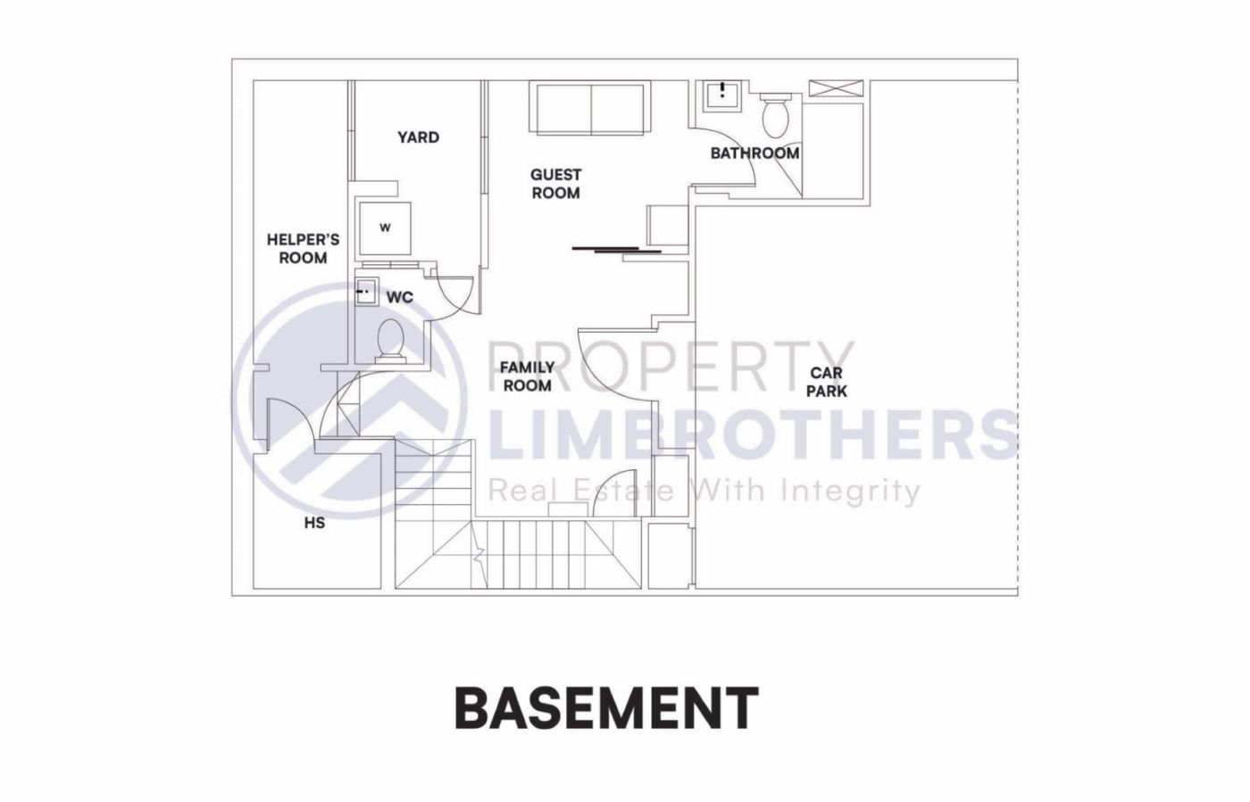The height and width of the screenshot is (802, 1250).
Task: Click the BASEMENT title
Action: point(606,708)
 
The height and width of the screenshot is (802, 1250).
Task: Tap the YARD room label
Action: point(418,137)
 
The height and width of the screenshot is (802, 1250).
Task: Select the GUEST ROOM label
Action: point(555,184)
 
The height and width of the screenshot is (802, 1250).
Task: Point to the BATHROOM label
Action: point(754,153)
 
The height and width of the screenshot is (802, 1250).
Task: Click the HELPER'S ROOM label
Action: point(303,249)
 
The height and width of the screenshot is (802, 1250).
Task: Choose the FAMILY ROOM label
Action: point(527,376)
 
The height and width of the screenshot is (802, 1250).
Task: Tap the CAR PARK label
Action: point(826,382)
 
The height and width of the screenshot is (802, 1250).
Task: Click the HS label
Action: point(314,523)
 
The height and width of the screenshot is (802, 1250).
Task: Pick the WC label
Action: point(399,297)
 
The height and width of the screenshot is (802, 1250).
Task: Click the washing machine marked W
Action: point(385,228)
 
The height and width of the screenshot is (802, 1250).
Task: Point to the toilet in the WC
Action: point(390,341)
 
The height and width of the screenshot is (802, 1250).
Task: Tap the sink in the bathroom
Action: point(721,94)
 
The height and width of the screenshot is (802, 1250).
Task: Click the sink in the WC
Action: point(364,292)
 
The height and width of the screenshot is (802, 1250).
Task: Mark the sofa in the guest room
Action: point(590,109)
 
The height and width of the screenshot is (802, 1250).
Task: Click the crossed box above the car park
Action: point(837,88)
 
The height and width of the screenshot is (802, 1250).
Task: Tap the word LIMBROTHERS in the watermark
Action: point(754,434)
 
